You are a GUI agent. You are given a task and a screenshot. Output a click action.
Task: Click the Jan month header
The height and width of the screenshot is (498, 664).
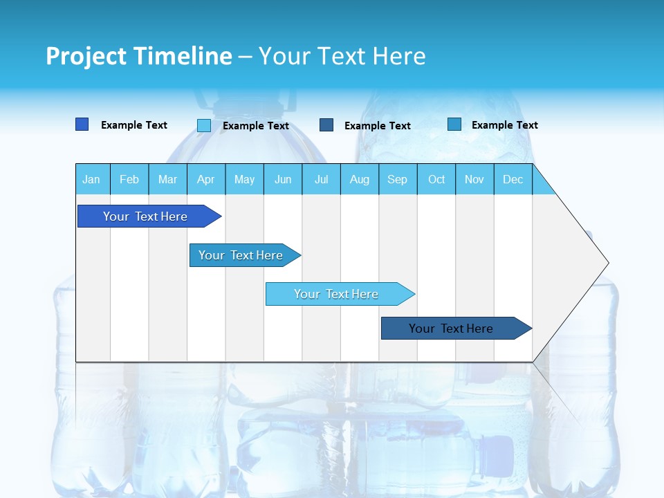91,179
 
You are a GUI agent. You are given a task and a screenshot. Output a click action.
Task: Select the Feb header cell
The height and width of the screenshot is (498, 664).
129,179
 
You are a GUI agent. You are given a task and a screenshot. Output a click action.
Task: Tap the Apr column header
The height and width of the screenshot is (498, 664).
205,179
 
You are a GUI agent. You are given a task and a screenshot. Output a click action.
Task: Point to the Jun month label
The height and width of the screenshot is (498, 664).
283,179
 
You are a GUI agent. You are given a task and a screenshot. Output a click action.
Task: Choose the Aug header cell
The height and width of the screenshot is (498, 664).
359,179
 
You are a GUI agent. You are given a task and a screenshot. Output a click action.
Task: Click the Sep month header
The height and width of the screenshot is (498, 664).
397,179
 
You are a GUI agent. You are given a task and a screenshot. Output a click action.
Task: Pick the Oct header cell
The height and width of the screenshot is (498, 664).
436,179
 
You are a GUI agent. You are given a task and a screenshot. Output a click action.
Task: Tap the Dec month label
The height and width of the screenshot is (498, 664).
513,179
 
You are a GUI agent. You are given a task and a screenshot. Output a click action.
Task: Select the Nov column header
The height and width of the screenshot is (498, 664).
474,179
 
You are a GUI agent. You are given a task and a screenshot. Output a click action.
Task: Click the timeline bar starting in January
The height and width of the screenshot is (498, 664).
145,216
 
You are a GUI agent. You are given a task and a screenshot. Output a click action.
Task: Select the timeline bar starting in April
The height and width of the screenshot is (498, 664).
241,255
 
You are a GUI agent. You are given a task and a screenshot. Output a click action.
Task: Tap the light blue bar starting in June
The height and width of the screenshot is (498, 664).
336,294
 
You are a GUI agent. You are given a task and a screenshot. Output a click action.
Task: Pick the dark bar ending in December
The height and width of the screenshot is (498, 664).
451,329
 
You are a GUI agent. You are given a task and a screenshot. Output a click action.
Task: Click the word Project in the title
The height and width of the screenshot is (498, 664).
86,56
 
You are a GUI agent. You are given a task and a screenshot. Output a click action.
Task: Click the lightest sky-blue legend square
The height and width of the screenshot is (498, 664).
204,125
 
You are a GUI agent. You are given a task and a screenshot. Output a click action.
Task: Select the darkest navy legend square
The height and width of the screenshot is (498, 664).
326,125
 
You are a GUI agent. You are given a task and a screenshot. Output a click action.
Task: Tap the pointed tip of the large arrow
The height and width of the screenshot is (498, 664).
607,262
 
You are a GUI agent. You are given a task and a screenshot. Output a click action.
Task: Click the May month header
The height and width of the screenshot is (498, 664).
244,179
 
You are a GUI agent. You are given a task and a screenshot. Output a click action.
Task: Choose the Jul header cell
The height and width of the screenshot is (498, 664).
321,179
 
